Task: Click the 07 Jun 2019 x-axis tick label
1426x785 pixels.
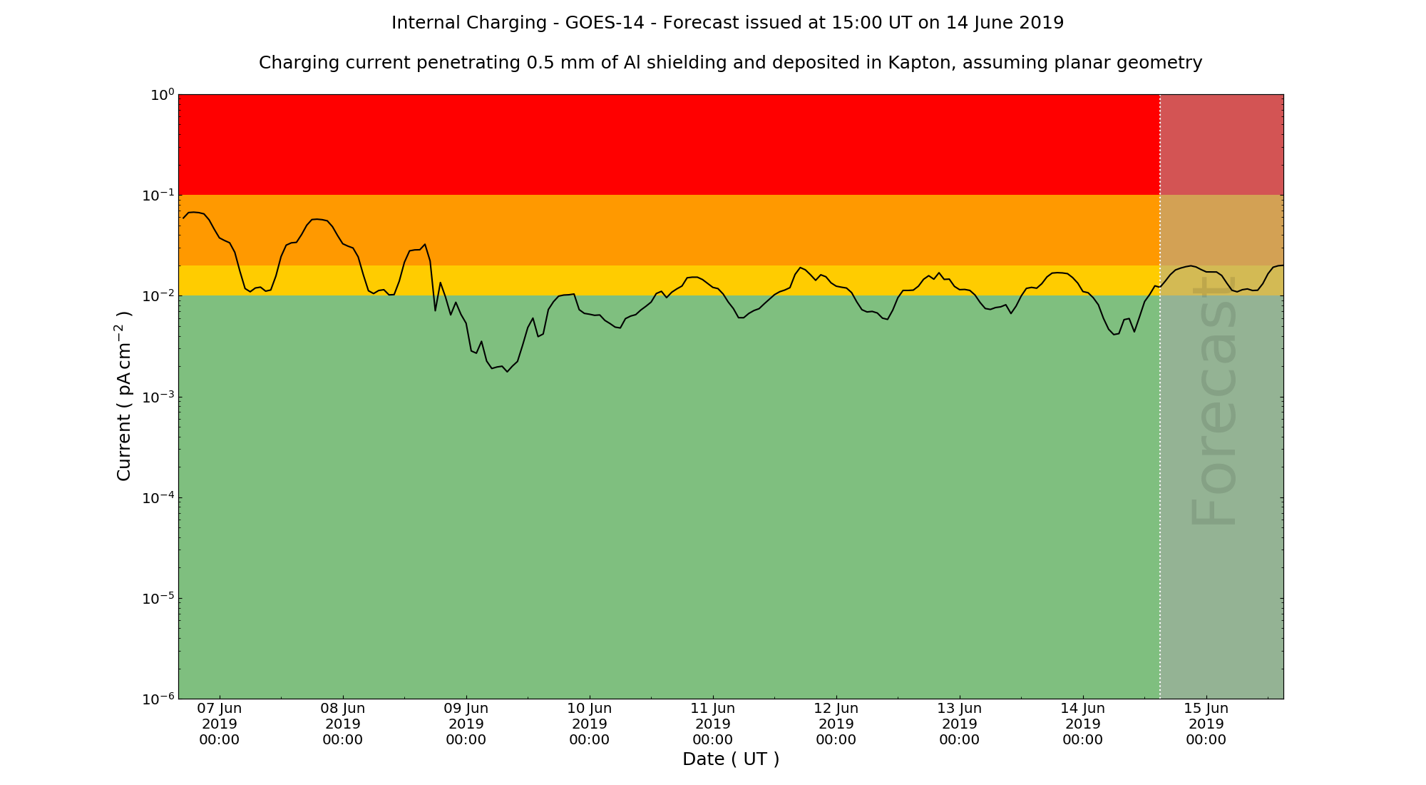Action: pyautogui.click(x=220, y=724)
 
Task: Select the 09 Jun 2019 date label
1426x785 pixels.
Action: pyautogui.click(x=466, y=724)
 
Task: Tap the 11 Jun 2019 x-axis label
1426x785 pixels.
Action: pyautogui.click(x=713, y=724)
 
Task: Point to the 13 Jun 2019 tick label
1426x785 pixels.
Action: pyautogui.click(x=960, y=724)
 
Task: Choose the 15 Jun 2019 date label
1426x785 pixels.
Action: pyautogui.click(x=1206, y=724)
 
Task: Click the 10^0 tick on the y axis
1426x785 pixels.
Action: pyautogui.click(x=161, y=95)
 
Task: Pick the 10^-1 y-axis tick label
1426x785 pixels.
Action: pyautogui.click(x=158, y=196)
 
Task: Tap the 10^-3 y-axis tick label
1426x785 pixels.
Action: pyautogui.click(x=158, y=397)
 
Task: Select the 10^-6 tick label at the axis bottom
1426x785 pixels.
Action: pyautogui.click(x=158, y=699)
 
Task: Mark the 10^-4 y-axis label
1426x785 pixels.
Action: pyautogui.click(x=158, y=497)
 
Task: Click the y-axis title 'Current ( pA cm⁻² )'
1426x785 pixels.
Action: pyautogui.click(x=124, y=396)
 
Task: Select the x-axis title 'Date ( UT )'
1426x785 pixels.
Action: pyautogui.click(x=731, y=759)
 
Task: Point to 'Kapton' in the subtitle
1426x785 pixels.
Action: pyautogui.click(x=920, y=63)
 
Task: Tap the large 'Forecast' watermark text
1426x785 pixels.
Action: pyautogui.click(x=1214, y=400)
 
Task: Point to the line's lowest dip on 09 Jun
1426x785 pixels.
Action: pyautogui.click(x=507, y=372)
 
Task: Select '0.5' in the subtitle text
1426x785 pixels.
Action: pyautogui.click(x=540, y=63)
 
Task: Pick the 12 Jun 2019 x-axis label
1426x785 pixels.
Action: pyautogui.click(x=836, y=724)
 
